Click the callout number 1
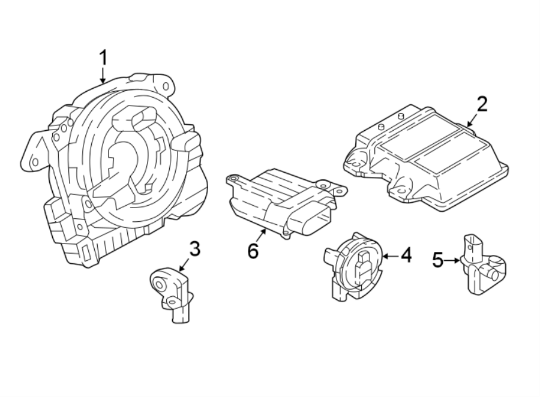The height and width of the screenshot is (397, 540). pyautogui.click(x=103, y=58)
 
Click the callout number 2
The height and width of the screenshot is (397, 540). pyautogui.click(x=482, y=104)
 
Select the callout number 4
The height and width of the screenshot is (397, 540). pyautogui.click(x=406, y=255)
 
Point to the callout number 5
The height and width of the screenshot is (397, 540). pyautogui.click(x=438, y=260)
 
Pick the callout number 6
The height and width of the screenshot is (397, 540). pyautogui.click(x=253, y=250)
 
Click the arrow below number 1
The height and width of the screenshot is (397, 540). pyautogui.click(x=103, y=76)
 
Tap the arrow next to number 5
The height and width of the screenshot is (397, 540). pyautogui.click(x=454, y=260)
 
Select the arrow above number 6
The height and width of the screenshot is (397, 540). pyautogui.click(x=262, y=234)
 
